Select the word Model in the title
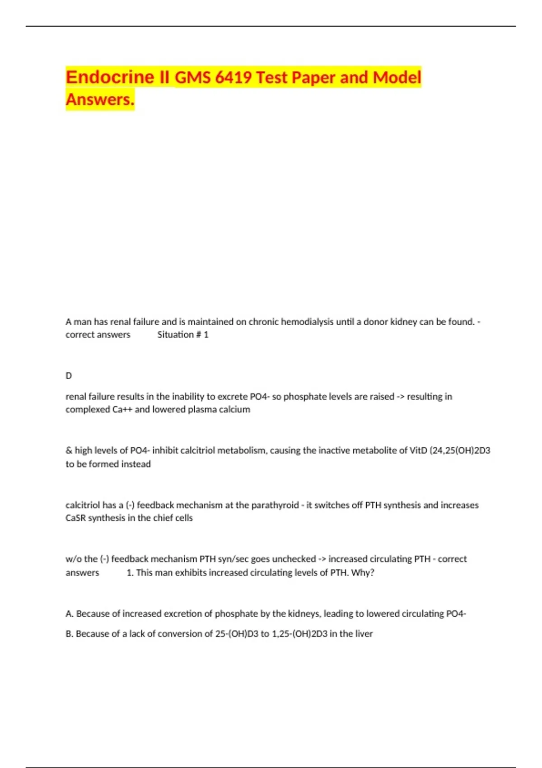397,77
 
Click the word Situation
175,335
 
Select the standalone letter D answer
69,376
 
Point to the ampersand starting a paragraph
69,450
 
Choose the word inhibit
164,450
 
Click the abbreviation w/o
73,559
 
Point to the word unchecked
294,559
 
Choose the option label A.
69,614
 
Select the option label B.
69,634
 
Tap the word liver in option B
364,634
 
